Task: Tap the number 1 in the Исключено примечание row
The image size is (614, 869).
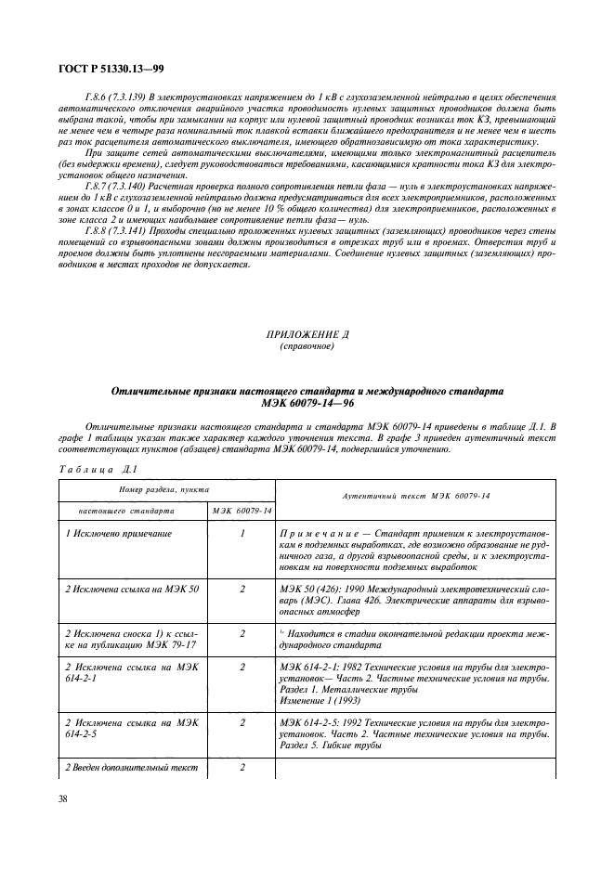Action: point(242,535)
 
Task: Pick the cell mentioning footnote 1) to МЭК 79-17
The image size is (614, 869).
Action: point(129,639)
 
